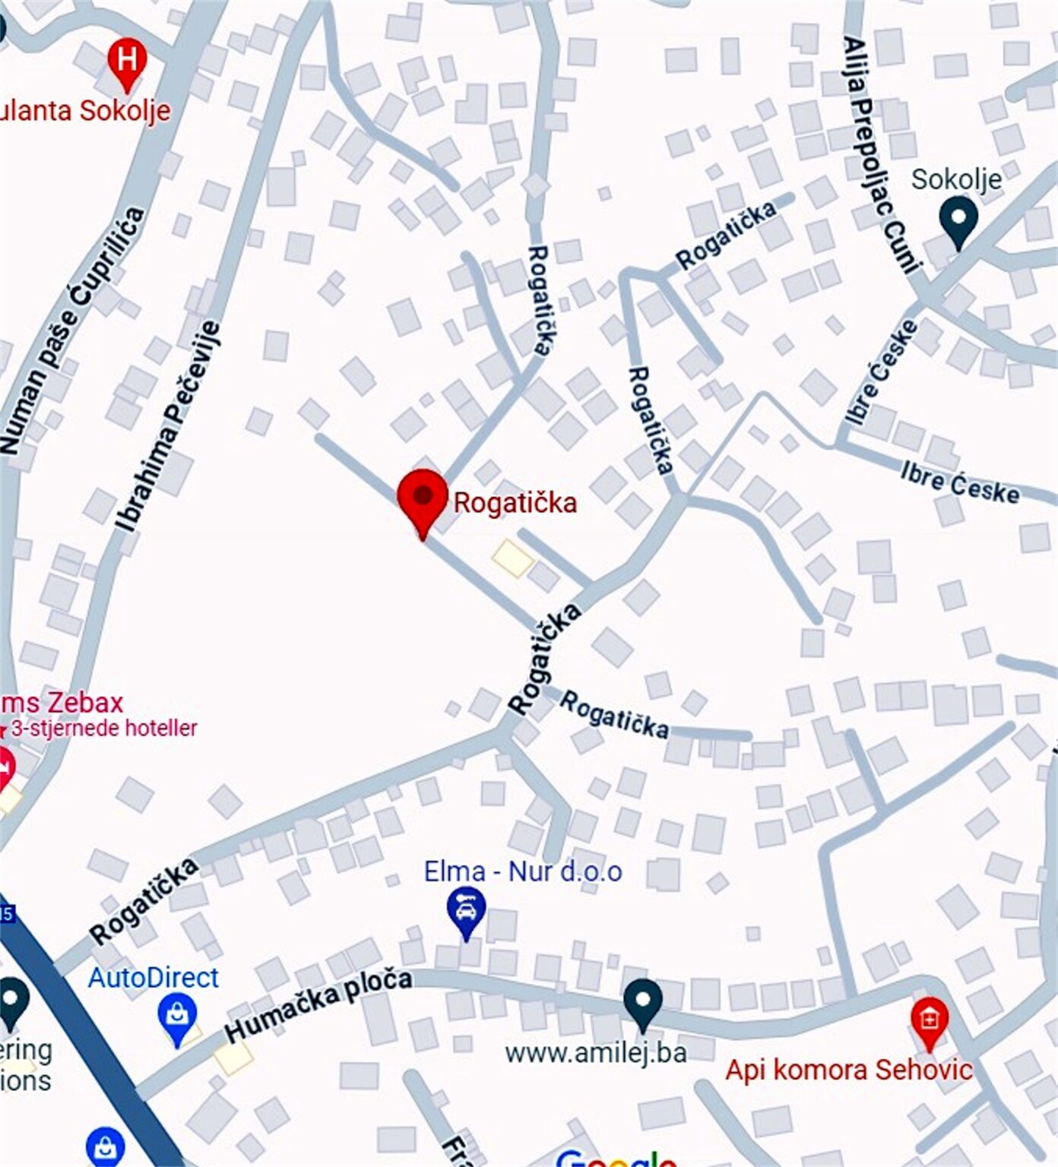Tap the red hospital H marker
127,60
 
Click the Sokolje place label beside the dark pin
956,180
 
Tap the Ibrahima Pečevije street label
168,426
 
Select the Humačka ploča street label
318,1004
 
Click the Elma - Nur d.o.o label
523,871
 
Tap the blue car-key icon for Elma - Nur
467,910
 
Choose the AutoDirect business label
153,977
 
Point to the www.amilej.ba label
596,1053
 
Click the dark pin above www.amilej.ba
642,1001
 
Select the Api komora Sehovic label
848,1070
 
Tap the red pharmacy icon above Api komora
929,1020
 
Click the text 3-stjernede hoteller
104,728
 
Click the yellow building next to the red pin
513,558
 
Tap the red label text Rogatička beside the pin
515,503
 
